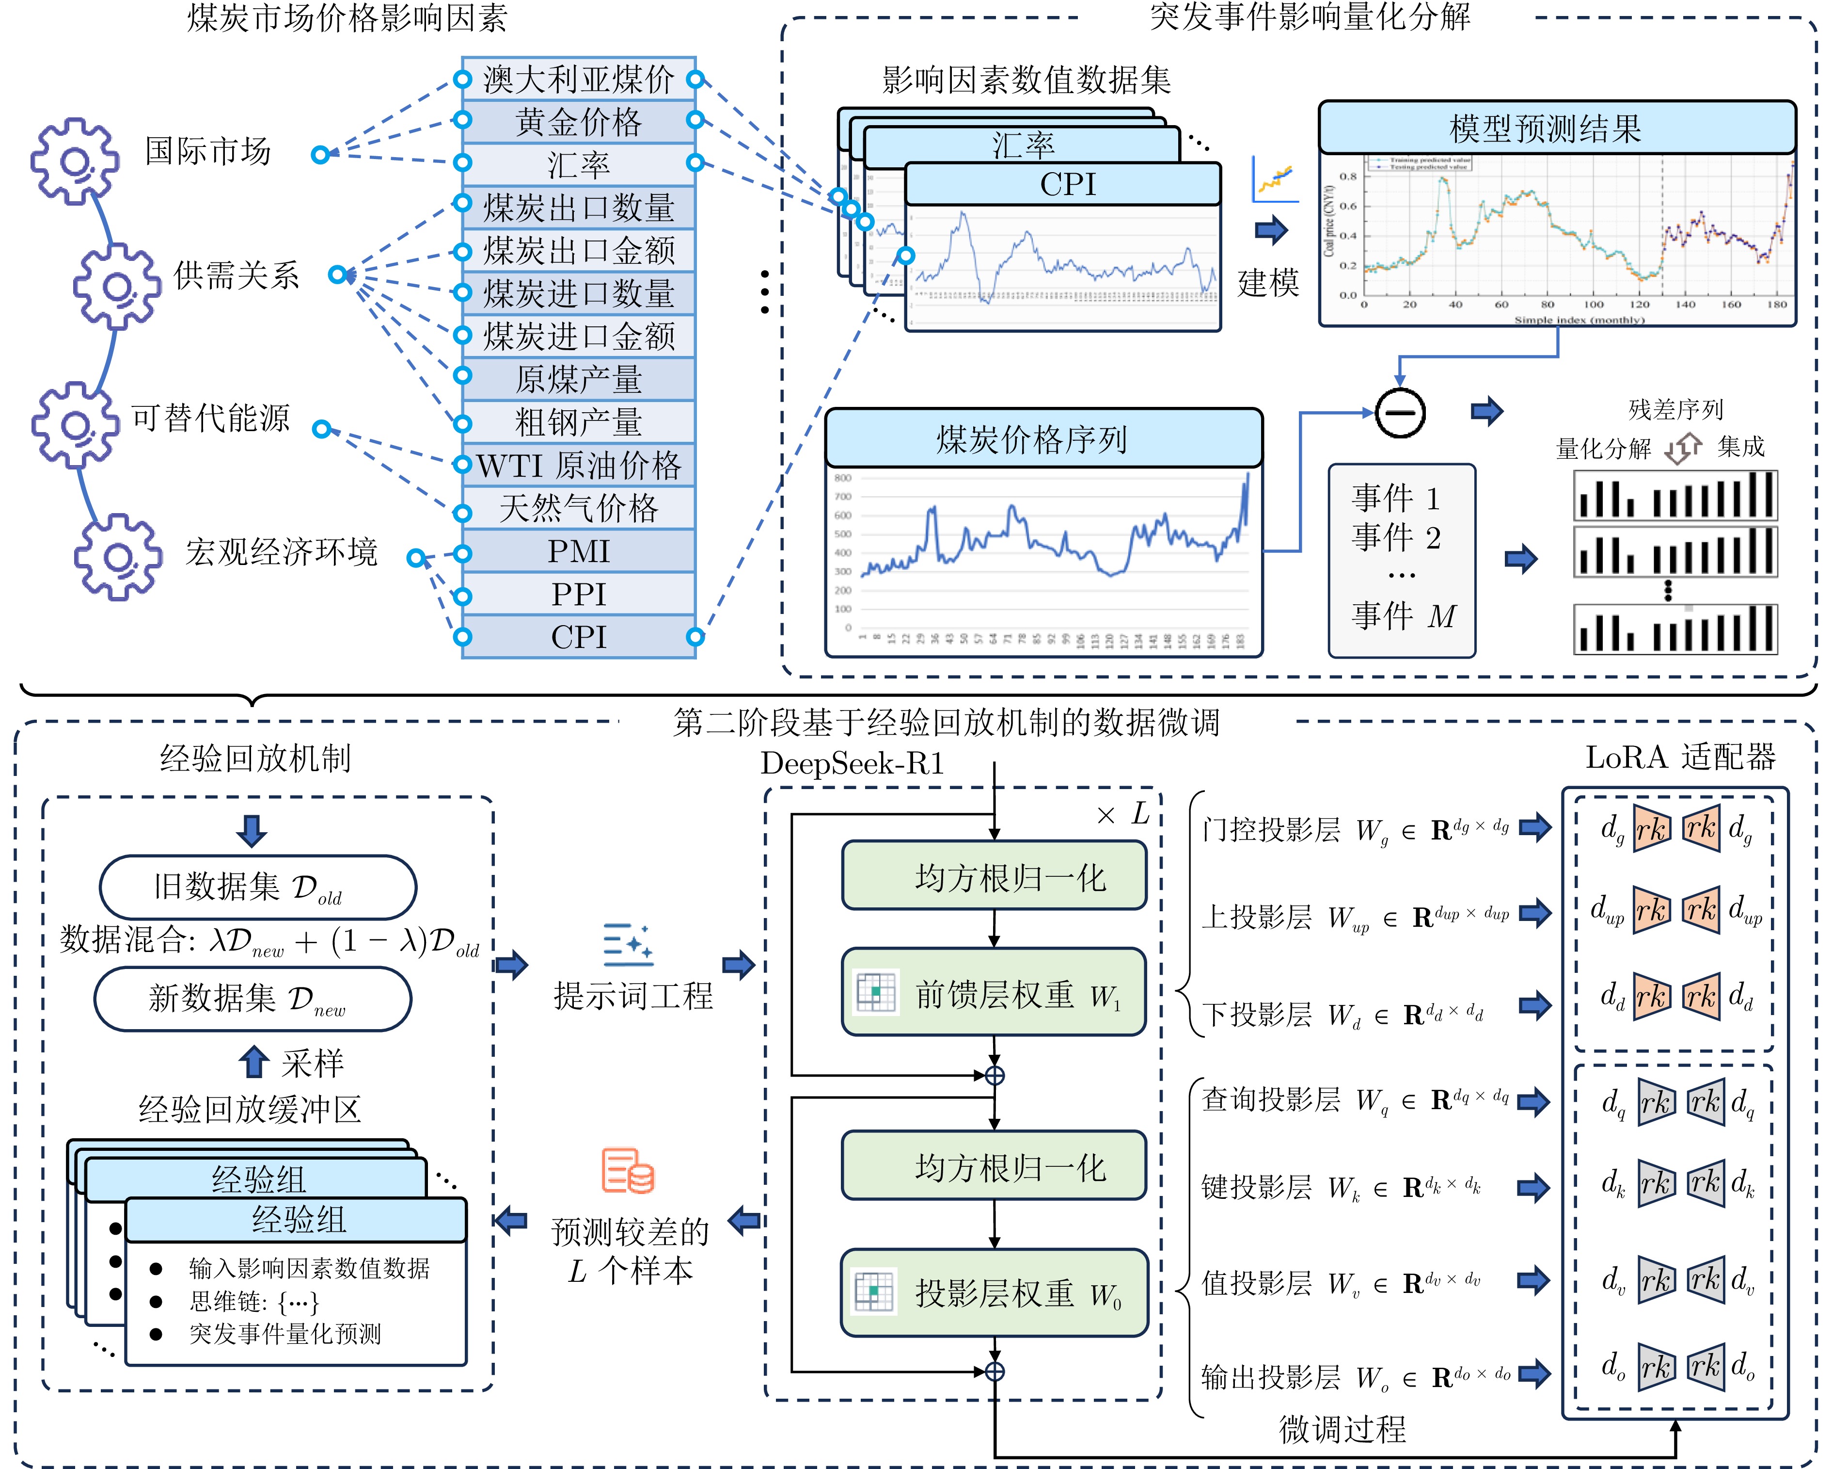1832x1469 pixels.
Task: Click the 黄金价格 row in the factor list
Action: click(579, 122)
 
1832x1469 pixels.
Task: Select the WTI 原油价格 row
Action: click(579, 465)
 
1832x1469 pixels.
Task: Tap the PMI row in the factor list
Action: click(579, 551)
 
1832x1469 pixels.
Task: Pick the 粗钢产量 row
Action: click(579, 421)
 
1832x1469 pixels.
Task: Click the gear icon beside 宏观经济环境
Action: click(117, 557)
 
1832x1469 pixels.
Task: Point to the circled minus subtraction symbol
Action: click(1400, 413)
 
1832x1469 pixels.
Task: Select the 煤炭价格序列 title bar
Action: click(1043, 438)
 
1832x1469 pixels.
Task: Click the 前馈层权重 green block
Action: click(994, 993)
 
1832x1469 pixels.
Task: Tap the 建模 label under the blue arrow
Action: click(1268, 282)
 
